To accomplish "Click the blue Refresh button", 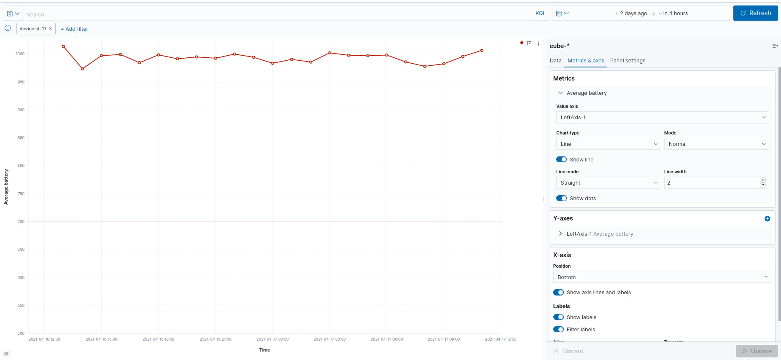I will click(x=755, y=13).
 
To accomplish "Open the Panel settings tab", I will click(x=627, y=61).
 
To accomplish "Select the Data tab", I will click(x=555, y=61).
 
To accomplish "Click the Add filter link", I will click(x=75, y=29).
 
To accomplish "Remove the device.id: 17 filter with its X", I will click(x=51, y=29).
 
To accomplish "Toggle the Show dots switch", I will click(x=561, y=199).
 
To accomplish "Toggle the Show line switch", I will click(x=561, y=160).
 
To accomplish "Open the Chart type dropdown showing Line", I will click(x=608, y=144).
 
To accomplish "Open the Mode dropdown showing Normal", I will click(x=716, y=144).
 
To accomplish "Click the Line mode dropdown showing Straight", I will click(x=608, y=183).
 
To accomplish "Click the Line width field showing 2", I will click(x=711, y=183).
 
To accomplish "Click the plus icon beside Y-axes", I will click(x=767, y=219).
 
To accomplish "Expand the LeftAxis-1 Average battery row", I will click(x=560, y=234).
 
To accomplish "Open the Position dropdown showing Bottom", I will click(x=662, y=277).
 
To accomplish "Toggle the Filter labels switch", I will click(x=558, y=330).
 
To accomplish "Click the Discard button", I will click(x=569, y=351).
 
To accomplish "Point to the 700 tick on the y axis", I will click(x=21, y=222).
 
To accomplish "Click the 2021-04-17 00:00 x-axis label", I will click(x=272, y=339).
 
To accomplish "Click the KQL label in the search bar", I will click(x=540, y=13).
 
